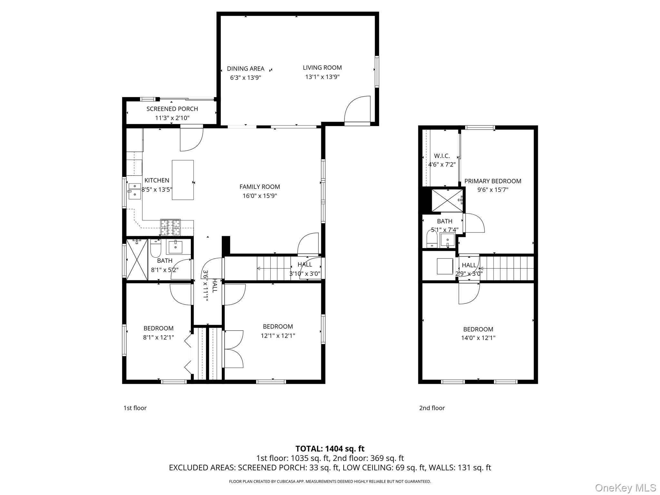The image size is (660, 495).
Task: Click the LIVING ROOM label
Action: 322,68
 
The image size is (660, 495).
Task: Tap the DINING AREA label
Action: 246,69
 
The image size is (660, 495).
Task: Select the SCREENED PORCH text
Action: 172,109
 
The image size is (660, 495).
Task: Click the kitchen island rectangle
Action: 183,180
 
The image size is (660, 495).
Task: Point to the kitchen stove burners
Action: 170,227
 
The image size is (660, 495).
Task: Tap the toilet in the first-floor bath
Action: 155,247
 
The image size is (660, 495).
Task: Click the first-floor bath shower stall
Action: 137,259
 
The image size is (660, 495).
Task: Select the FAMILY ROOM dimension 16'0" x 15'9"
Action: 260,196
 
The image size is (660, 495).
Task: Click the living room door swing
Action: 353,103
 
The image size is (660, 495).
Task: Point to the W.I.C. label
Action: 442,156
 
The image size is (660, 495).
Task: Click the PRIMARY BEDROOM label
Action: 493,181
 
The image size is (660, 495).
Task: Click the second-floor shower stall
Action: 447,200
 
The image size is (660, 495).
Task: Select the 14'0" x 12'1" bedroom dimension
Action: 478,338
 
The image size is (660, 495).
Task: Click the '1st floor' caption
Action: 135,408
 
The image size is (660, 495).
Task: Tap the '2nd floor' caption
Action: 432,408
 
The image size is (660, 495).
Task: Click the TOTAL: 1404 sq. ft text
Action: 330,449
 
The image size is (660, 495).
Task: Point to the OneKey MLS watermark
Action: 626,488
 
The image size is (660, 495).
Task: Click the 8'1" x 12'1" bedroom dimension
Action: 159,337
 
